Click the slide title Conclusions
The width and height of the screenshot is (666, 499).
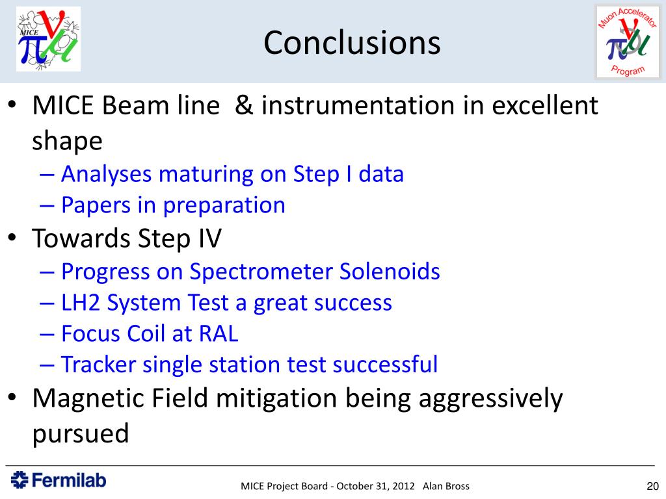click(x=352, y=43)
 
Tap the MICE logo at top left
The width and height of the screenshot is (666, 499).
click(x=48, y=39)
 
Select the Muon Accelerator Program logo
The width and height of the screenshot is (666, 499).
click(x=628, y=42)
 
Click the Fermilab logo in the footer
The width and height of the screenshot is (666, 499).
click(x=58, y=480)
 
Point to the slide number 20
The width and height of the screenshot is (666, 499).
click(x=652, y=486)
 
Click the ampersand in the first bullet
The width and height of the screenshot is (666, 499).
click(x=244, y=105)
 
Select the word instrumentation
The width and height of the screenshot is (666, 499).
click(x=358, y=105)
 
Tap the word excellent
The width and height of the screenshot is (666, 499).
click(x=545, y=105)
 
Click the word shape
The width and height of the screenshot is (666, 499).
click(x=67, y=141)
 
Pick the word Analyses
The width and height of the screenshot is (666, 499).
click(x=106, y=174)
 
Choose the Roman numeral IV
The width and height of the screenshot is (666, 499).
click(x=210, y=238)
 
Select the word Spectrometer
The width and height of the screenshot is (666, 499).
click(x=260, y=272)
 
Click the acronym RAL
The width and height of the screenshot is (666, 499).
click(x=219, y=333)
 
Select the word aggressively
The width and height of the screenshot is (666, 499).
click(x=490, y=400)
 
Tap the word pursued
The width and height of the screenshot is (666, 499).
click(x=80, y=433)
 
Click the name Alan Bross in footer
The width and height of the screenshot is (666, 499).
click(x=446, y=486)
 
